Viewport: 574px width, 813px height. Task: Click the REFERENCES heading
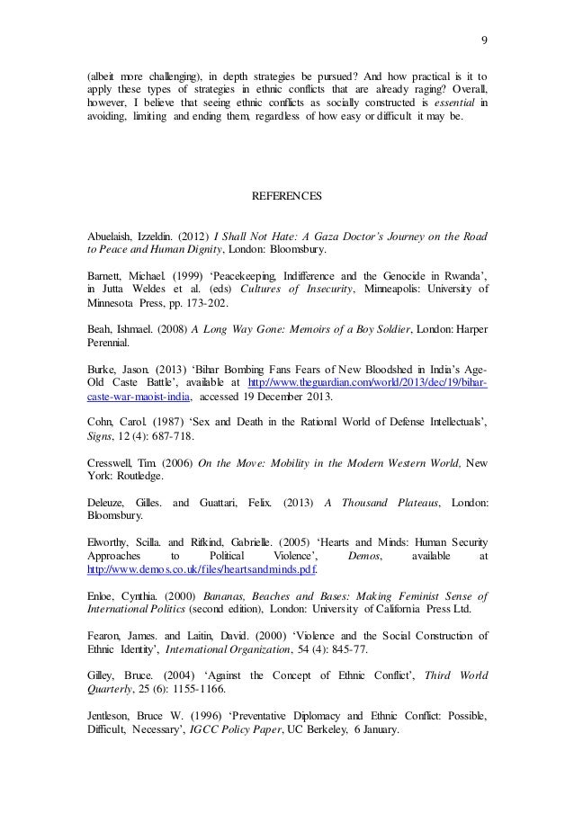pyautogui.click(x=287, y=194)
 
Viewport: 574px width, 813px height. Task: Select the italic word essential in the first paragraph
pyautogui.click(x=458, y=103)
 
